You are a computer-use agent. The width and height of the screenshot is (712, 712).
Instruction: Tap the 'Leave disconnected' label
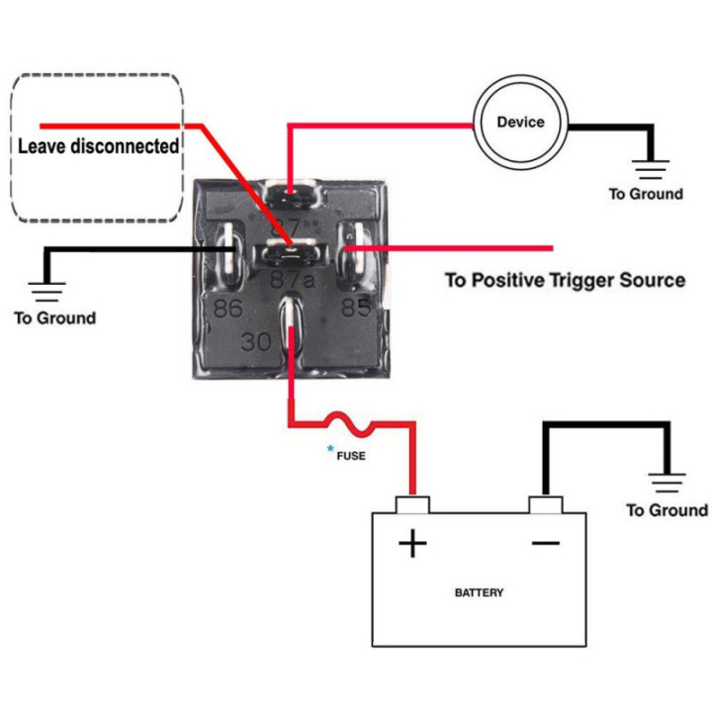tap(98, 146)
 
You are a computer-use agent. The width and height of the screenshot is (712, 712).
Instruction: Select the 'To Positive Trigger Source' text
tap(565, 280)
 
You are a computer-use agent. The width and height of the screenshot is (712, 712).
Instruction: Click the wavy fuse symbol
tap(350, 423)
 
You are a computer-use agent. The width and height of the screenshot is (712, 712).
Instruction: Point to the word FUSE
tap(351, 456)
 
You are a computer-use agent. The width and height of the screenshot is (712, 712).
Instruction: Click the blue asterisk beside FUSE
tap(330, 449)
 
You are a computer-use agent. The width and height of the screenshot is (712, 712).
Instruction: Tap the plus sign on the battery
tap(412, 543)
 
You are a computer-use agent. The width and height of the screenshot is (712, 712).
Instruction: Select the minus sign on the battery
tap(545, 543)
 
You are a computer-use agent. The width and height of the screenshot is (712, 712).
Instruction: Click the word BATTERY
tap(479, 592)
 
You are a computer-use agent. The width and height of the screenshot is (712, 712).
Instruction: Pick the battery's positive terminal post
tap(412, 505)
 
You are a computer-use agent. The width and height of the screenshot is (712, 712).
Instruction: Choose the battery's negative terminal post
tap(545, 505)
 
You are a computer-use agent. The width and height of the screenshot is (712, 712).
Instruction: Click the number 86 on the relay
tap(228, 309)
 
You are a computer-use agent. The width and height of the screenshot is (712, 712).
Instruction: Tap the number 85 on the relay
tap(356, 308)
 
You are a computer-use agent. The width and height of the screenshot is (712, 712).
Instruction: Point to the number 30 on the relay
tap(256, 341)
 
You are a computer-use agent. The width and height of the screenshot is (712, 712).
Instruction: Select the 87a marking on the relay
tap(293, 280)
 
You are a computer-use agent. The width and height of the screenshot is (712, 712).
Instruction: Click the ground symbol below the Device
tap(651, 169)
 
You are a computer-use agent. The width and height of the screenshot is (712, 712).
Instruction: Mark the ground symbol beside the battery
tap(667, 483)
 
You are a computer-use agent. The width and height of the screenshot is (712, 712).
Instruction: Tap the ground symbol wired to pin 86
tap(46, 292)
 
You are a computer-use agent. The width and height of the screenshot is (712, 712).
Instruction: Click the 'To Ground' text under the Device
tap(646, 194)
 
